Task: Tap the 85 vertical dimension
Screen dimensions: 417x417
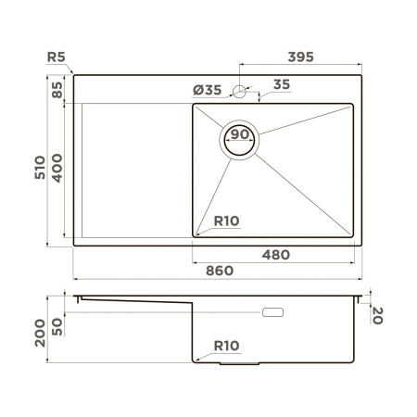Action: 57,89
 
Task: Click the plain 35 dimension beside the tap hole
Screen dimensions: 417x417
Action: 282,84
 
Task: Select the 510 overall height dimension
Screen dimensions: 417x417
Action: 36,167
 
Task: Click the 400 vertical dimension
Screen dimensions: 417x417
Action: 57,167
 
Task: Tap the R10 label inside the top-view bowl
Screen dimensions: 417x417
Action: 227,221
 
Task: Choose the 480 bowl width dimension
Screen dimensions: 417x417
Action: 275,255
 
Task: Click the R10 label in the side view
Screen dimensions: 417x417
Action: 227,346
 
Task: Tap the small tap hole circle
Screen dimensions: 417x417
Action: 240,92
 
